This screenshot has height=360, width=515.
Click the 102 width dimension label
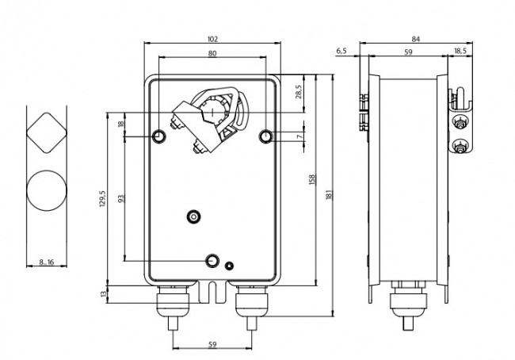212,39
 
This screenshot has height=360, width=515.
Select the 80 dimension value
212,53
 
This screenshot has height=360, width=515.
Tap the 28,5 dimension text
299,92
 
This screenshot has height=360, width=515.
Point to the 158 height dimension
312,179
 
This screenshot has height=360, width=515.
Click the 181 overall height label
330,194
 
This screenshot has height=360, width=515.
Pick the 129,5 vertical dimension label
102,198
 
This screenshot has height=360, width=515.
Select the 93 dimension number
121,198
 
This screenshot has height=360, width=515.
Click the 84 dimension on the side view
416,39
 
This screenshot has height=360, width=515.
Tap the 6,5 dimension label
341,51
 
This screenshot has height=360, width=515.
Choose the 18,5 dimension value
460,51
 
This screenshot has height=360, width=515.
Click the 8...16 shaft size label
46,262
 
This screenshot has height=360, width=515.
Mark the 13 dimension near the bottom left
104,293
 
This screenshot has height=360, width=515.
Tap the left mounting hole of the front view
159,136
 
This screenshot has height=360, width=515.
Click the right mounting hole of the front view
265,136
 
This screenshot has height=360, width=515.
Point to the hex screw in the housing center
194,216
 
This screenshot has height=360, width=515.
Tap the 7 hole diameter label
299,136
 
